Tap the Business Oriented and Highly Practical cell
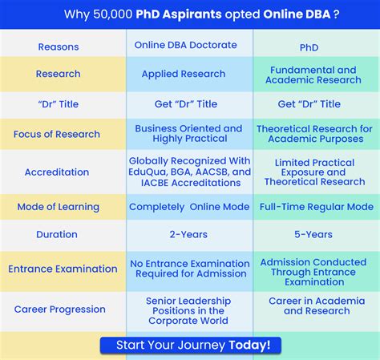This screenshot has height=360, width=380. pos(188,134)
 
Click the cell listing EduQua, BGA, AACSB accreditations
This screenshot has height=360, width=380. pos(190,172)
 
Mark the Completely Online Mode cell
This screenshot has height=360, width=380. pos(189,207)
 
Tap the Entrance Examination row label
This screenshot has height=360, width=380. pos(63,269)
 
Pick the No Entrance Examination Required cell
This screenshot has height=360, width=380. pos(189,269)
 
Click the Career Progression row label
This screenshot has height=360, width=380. pos(60,309)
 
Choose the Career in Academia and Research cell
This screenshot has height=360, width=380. pos(316,305)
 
